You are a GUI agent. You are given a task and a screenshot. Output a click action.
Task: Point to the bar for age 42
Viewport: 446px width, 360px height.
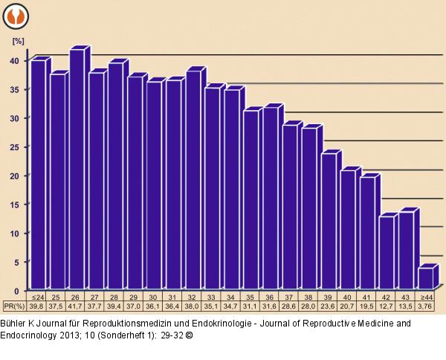[x=385, y=253]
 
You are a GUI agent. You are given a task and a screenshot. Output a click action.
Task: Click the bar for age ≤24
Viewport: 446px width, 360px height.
[x=36, y=175]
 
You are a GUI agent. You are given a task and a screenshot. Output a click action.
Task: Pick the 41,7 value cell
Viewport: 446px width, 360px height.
[x=75, y=306]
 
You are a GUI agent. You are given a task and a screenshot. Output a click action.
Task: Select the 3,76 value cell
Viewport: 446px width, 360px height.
[x=425, y=306]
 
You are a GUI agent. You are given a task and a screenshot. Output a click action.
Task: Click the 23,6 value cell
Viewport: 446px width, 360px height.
[x=328, y=306]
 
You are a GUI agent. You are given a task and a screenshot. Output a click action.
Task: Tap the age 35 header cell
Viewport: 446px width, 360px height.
[x=250, y=296]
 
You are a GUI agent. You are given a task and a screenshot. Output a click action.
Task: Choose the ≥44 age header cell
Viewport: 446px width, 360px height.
[x=425, y=296]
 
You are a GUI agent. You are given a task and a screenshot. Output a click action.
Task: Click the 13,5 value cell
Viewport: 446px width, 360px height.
[x=406, y=306]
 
